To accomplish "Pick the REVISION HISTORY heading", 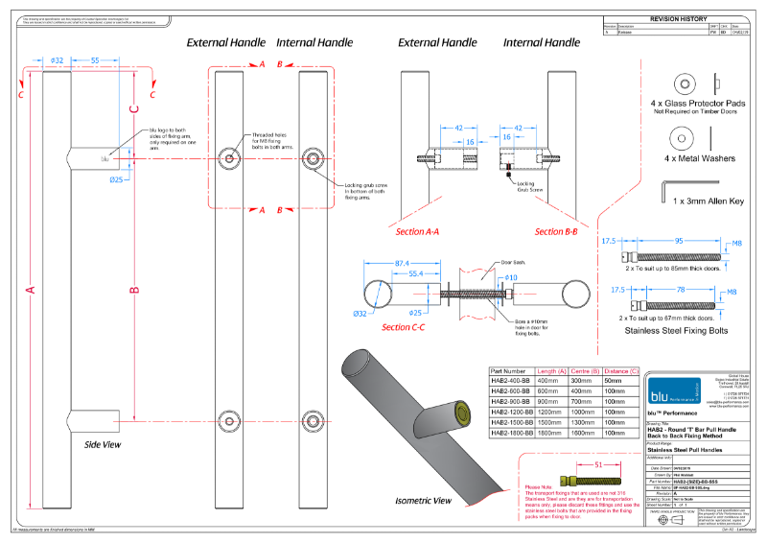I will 678,18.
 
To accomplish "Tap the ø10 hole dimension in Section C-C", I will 511,277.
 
